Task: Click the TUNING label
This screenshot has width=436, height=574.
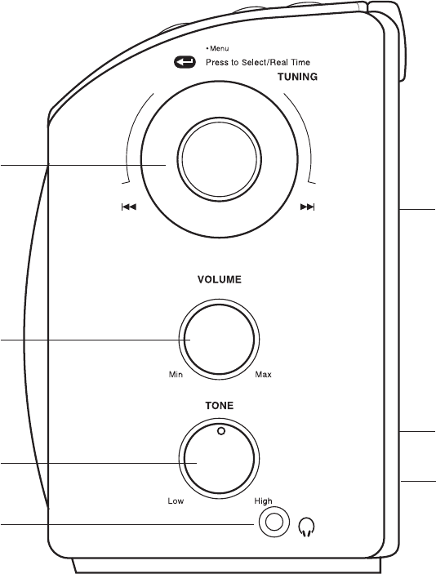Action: [x=297, y=77]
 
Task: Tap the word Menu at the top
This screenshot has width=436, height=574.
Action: [x=220, y=48]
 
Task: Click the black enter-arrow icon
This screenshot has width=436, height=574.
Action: [x=185, y=62]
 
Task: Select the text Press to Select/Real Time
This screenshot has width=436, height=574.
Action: [x=258, y=62]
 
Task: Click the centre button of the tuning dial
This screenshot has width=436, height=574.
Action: [x=219, y=159]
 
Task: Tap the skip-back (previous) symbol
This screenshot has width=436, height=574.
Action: [x=129, y=207]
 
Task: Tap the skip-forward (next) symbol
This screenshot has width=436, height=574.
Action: [x=307, y=207]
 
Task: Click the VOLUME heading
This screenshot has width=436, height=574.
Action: [x=220, y=280]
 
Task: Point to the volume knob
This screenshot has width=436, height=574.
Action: [x=219, y=340]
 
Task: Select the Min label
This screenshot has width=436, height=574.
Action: [x=176, y=375]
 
